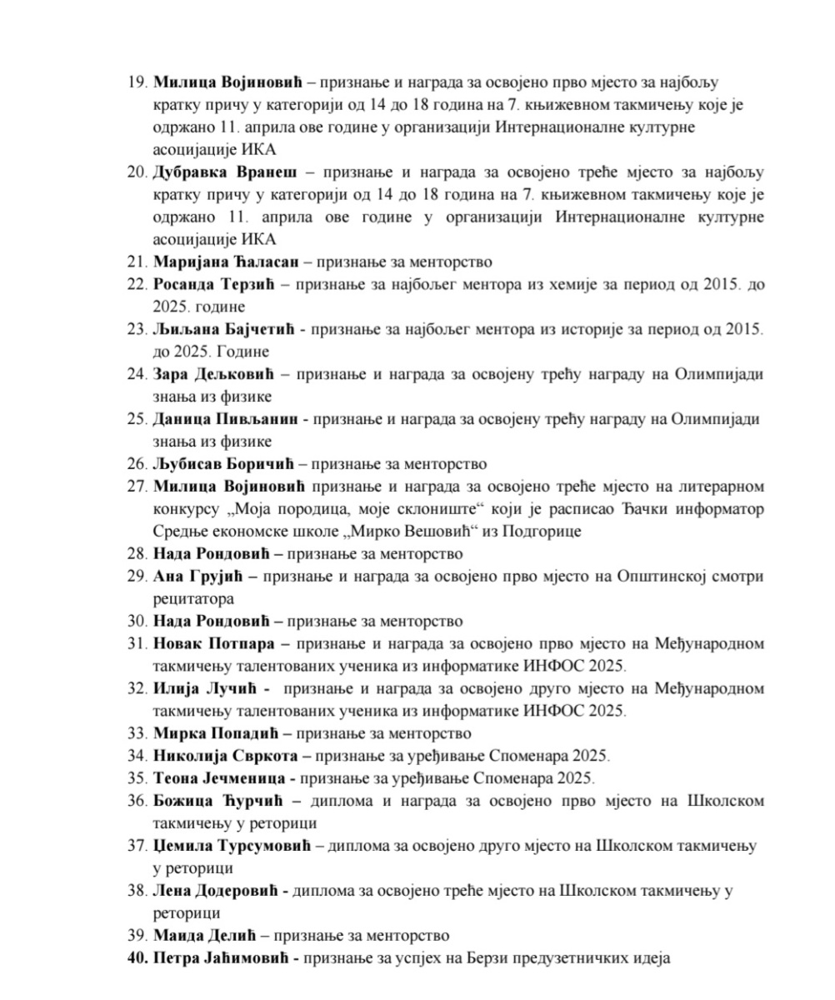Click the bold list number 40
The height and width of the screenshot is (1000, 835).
137,958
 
